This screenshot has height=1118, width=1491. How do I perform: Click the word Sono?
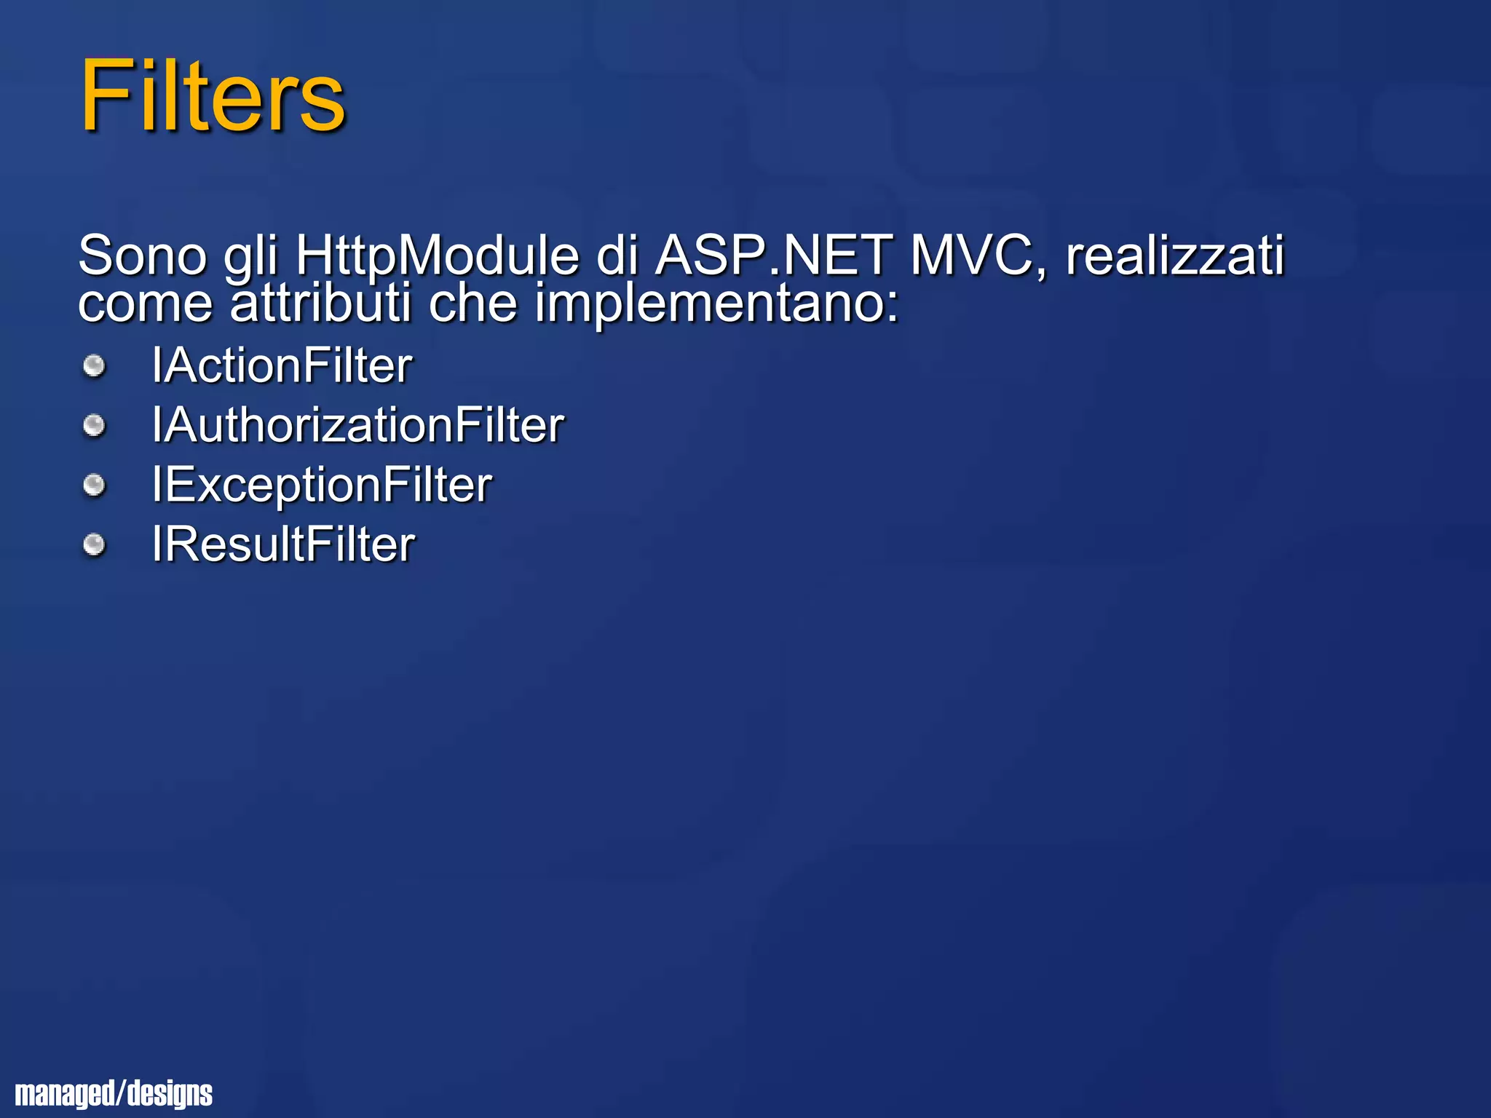(x=143, y=255)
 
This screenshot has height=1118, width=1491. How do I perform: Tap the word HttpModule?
(x=437, y=255)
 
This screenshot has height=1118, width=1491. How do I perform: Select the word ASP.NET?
(x=773, y=255)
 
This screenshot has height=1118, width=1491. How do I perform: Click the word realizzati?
(x=1175, y=255)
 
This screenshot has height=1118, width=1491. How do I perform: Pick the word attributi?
(x=321, y=303)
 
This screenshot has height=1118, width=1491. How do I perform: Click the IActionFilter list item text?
(x=282, y=365)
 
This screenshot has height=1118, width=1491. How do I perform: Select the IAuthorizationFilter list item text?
(x=357, y=425)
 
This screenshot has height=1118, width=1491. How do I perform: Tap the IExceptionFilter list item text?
(x=322, y=485)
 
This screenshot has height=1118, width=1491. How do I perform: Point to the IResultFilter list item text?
(x=283, y=545)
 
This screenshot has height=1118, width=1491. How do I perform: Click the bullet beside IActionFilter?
(x=94, y=365)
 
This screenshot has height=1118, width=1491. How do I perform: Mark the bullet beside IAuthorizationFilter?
(x=94, y=425)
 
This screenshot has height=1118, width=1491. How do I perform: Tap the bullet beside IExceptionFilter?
(x=94, y=485)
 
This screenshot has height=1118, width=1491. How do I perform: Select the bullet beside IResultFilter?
(x=94, y=544)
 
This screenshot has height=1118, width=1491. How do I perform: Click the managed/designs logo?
(x=114, y=1093)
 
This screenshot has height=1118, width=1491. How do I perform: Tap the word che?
(x=472, y=303)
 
